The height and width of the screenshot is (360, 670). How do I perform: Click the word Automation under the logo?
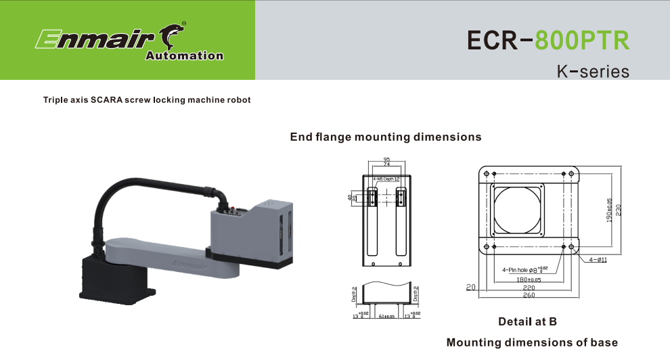(x=184, y=56)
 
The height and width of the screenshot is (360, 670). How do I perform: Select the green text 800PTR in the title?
(x=582, y=41)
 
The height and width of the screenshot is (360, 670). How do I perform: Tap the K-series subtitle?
(x=593, y=71)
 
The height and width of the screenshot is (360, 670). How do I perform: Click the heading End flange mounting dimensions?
(x=385, y=137)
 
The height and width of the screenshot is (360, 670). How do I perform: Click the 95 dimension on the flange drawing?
(x=386, y=159)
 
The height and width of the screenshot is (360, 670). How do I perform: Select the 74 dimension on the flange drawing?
(x=386, y=164)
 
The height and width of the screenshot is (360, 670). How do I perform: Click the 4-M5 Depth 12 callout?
(x=386, y=179)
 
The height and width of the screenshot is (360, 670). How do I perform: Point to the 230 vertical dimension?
(x=619, y=210)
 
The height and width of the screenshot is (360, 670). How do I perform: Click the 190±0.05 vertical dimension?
(x=609, y=210)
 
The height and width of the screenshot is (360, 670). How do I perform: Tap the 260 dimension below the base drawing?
(x=529, y=295)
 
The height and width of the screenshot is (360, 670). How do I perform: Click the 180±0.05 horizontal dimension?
(x=529, y=279)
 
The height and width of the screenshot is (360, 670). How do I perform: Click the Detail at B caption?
(x=527, y=321)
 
